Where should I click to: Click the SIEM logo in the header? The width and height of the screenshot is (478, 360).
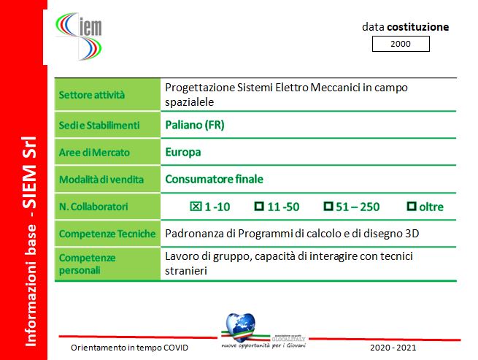(79, 36)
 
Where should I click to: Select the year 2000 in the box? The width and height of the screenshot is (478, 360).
(401, 44)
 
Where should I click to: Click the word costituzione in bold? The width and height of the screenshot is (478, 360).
(418, 27)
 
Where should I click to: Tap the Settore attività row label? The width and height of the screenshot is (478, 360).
(92, 95)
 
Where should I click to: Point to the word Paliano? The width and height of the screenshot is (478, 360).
(183, 125)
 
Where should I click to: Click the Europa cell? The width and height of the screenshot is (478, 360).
(183, 152)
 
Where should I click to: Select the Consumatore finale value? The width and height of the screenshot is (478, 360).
(214, 179)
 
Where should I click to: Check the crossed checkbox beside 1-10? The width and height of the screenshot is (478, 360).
(196, 206)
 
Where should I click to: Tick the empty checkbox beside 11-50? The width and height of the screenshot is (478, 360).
(259, 206)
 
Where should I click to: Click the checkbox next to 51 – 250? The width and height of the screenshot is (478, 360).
(328, 206)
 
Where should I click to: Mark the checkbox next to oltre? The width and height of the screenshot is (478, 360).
(412, 206)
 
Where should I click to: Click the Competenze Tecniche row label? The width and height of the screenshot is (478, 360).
(107, 234)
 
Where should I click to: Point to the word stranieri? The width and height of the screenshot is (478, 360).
(186, 271)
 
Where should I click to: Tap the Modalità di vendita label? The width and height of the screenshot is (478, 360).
(101, 180)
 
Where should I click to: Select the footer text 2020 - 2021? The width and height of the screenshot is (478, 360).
(393, 348)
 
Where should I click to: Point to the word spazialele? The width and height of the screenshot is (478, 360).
(189, 102)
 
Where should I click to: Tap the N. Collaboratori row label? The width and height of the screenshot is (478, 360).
(93, 207)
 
